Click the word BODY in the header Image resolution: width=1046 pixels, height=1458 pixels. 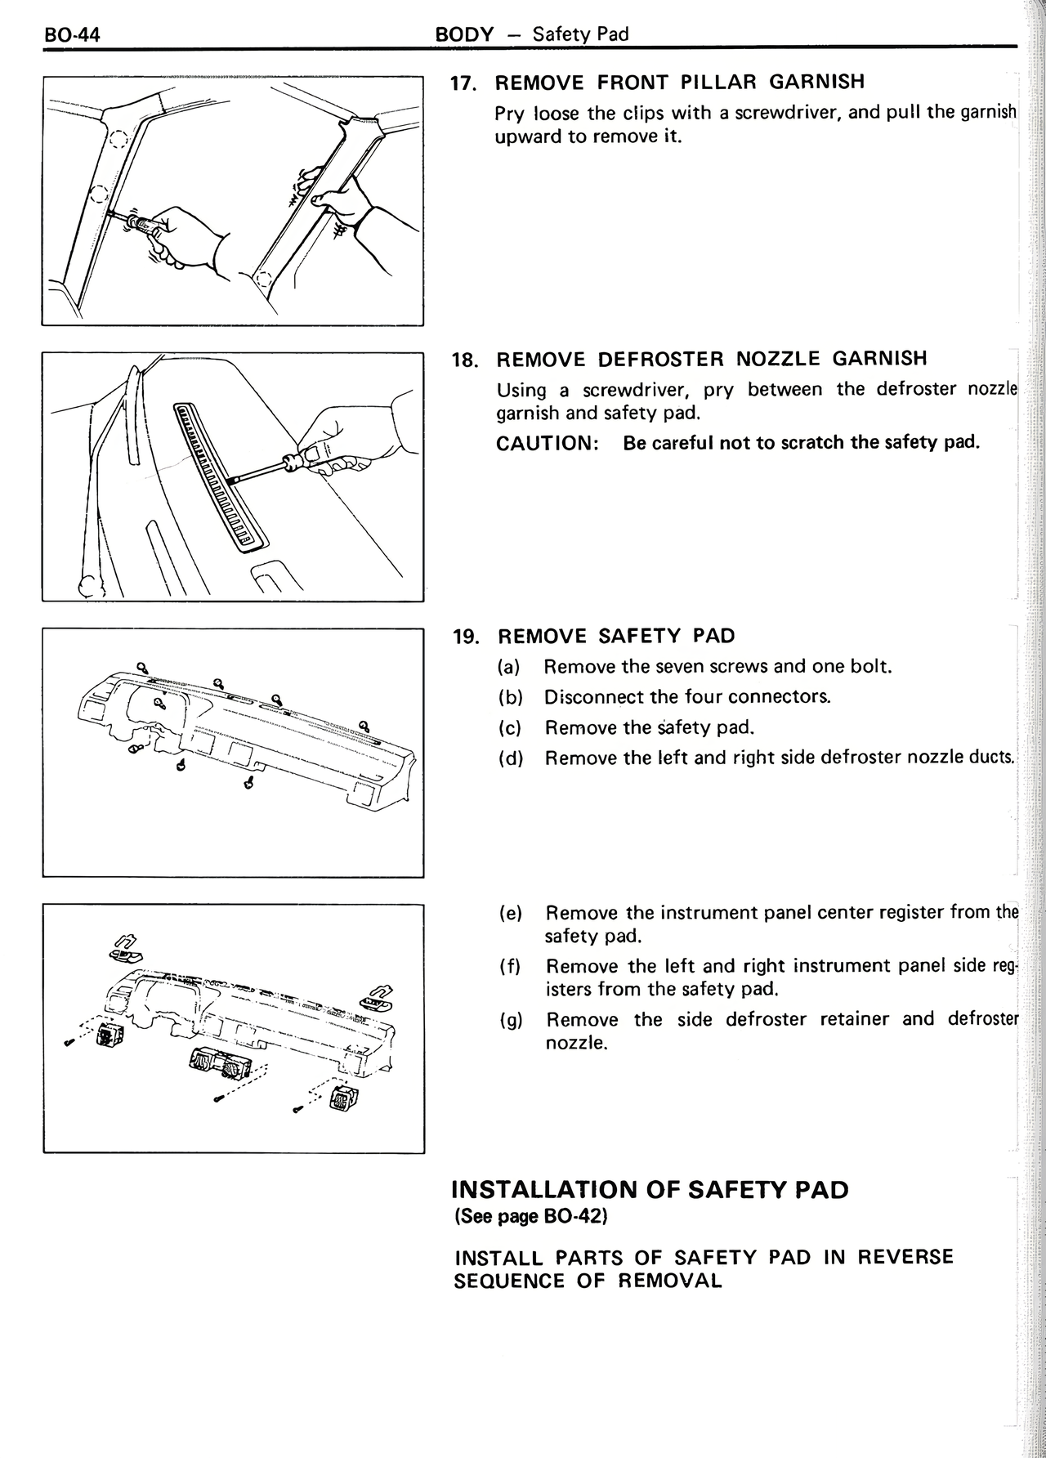(x=464, y=34)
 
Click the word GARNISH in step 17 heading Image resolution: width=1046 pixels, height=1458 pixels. (x=817, y=82)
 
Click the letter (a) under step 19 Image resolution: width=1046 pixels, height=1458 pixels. (x=511, y=667)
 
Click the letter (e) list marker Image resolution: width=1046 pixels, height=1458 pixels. (x=512, y=913)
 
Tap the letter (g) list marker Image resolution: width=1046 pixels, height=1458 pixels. (x=512, y=1020)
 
